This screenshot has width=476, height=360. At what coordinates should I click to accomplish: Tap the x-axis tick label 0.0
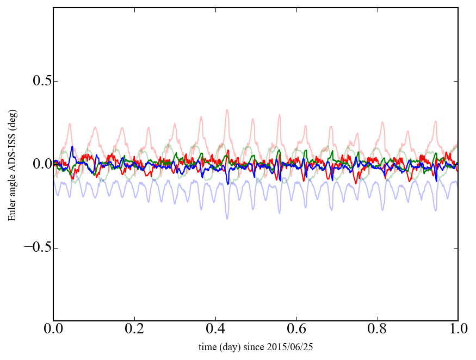point(53,330)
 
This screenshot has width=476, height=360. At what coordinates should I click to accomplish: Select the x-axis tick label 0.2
point(134,330)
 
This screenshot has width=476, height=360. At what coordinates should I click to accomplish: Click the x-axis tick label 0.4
point(215,330)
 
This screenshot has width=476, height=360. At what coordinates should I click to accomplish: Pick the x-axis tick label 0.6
point(296,330)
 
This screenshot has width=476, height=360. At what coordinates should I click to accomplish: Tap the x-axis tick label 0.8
point(377,330)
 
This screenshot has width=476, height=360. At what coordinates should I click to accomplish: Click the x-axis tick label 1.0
point(458,330)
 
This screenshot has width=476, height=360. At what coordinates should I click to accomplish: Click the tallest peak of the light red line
point(227,109)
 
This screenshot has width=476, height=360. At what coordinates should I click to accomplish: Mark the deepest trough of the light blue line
point(227,219)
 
